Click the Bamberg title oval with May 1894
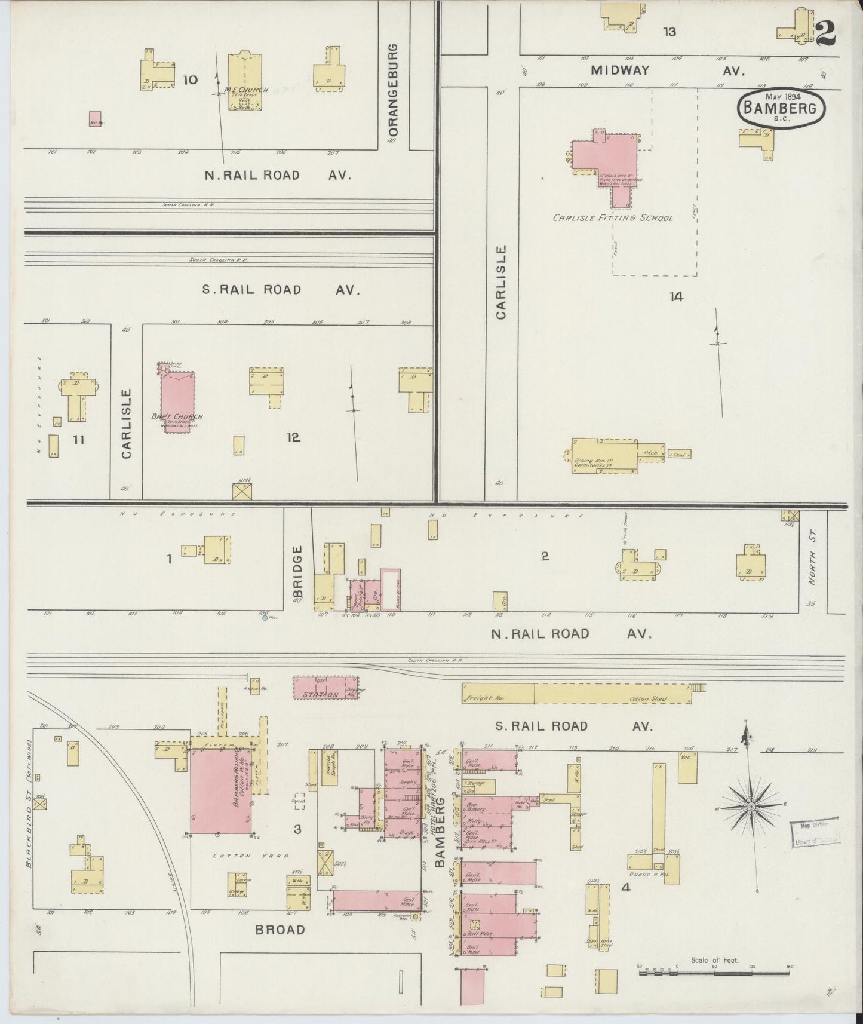pos(782,108)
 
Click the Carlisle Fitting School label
pos(612,218)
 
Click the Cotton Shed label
pos(649,698)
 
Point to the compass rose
pos(751,807)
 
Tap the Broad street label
pos(280,929)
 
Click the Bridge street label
pos(298,571)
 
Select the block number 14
pos(675,296)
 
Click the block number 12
pos(293,438)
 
